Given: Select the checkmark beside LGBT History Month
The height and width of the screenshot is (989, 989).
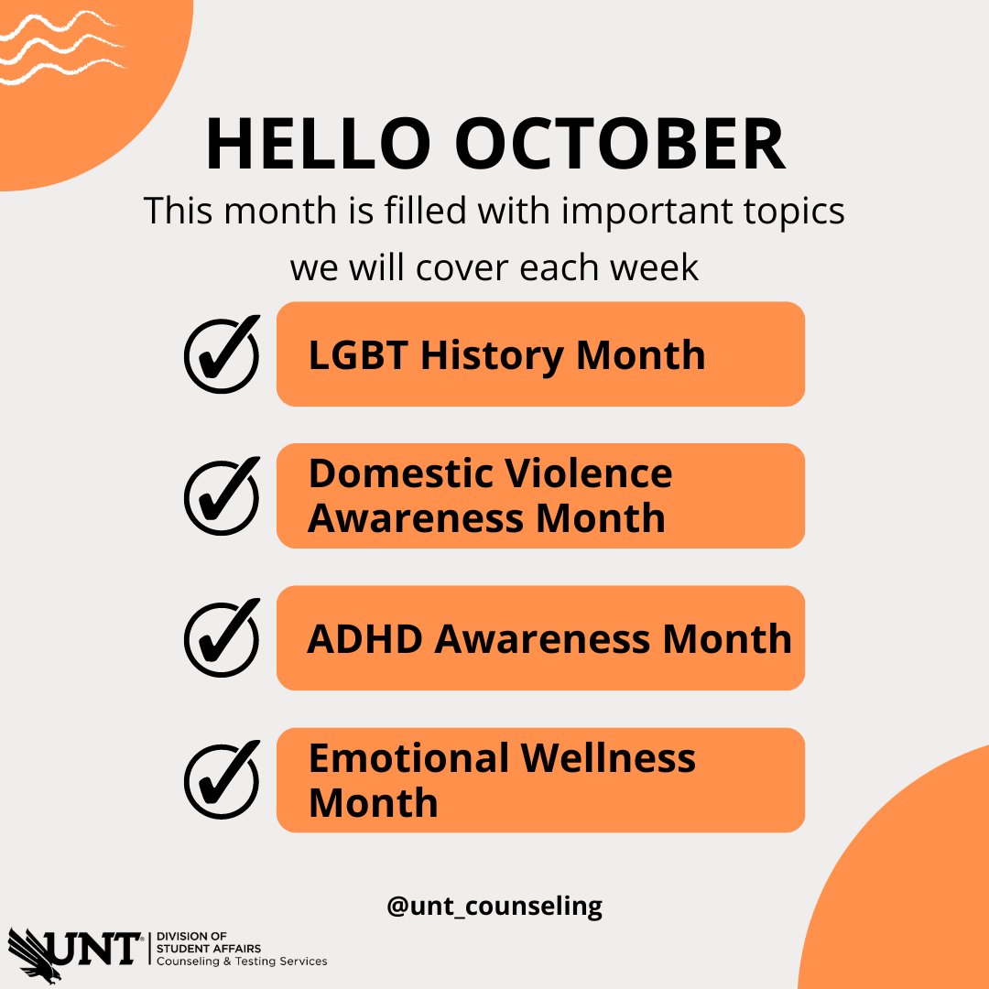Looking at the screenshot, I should pos(222,355).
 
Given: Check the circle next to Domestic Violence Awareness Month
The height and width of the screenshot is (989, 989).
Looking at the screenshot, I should pos(222,497).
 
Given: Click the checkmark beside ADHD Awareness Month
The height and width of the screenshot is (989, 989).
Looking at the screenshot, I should pos(222,639).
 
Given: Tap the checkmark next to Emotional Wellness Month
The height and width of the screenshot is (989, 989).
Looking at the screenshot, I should pos(222,780).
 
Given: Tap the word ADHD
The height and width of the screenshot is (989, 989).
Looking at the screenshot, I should pos(365,639).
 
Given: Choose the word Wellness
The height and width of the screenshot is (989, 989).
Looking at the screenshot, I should pos(609,759).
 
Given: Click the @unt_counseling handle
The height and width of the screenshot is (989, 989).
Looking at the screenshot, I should pos(494,907).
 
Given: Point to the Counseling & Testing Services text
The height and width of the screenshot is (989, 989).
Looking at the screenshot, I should pos(243,962).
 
